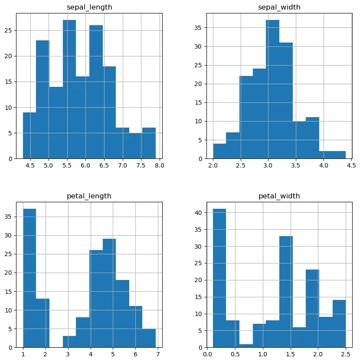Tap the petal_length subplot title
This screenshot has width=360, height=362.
click(x=89, y=196)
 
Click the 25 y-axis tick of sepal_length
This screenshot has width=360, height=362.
click(x=10, y=31)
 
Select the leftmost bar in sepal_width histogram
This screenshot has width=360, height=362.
click(x=219, y=151)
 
